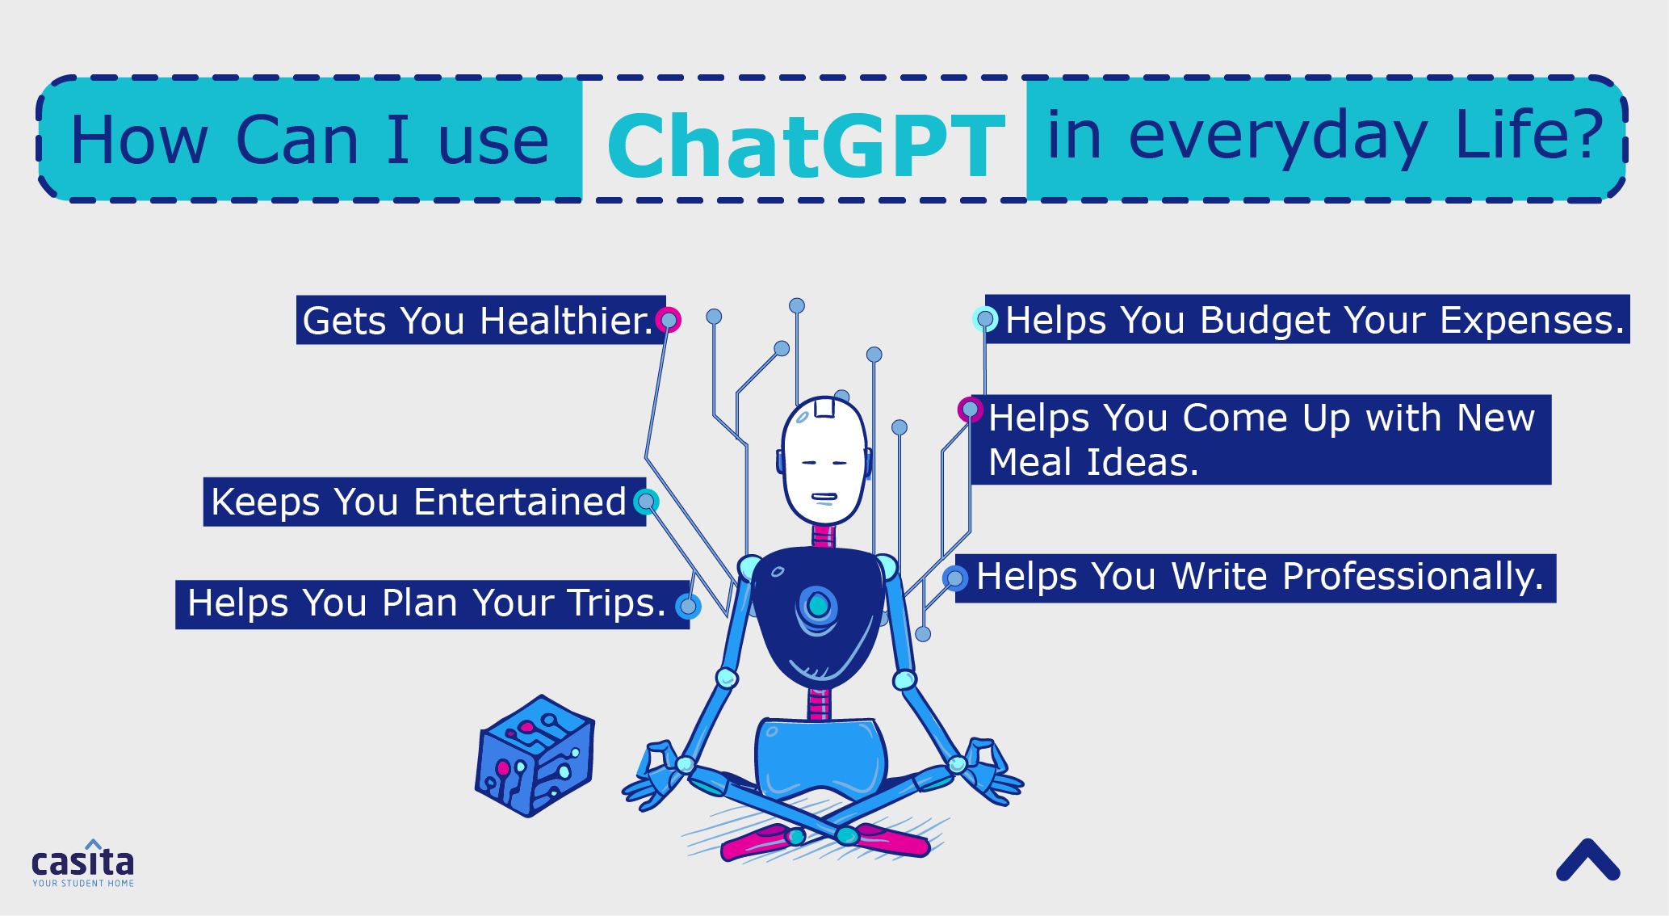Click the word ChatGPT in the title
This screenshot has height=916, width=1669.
pyautogui.click(x=806, y=145)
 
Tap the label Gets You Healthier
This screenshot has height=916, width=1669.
pyautogui.click(x=480, y=320)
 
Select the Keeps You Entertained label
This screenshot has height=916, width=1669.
pyautogui.click(x=424, y=502)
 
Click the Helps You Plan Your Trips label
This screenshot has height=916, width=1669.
pyautogui.click(x=432, y=604)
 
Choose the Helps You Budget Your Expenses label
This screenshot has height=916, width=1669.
pyautogui.click(x=1307, y=319)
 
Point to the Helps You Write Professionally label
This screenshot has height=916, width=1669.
pyautogui.click(x=1256, y=578)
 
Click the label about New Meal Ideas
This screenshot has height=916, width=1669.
pyautogui.click(x=1260, y=439)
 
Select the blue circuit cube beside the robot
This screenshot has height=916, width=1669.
pyautogui.click(x=535, y=756)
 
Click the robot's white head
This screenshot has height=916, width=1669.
pyautogui.click(x=824, y=460)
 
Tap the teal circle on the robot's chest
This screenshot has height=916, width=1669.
pyautogui.click(x=818, y=605)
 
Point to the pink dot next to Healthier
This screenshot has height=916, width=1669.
pyautogui.click(x=669, y=320)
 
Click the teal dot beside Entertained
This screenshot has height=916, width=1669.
pyautogui.click(x=646, y=502)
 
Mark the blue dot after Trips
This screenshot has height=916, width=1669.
pyautogui.click(x=688, y=606)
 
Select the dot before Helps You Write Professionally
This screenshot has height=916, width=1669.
pyautogui.click(x=955, y=578)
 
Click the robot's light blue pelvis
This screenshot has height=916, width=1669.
pyautogui.click(x=820, y=757)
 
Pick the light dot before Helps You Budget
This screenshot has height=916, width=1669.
pyautogui.click(x=985, y=319)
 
